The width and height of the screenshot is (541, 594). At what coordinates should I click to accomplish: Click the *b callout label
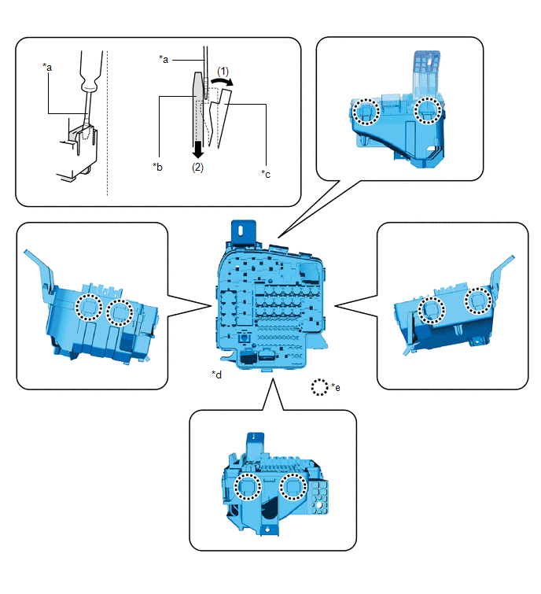click(157, 167)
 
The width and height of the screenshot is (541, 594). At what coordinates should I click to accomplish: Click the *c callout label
click(266, 174)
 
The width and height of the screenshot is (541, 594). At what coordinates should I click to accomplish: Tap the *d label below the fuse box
click(216, 374)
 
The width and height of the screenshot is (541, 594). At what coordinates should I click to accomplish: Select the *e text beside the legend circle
click(336, 387)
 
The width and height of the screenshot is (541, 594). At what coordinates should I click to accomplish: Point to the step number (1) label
click(223, 72)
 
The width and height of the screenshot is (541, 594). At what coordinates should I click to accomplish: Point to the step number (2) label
click(197, 167)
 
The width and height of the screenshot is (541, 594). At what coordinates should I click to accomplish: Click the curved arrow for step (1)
click(222, 81)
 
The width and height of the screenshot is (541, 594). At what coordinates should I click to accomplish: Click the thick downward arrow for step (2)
click(197, 149)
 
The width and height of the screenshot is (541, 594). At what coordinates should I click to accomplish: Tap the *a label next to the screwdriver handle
click(47, 67)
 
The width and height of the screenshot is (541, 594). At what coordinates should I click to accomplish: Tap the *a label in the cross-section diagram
click(164, 59)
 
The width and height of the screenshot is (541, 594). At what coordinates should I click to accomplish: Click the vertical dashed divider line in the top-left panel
click(108, 123)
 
